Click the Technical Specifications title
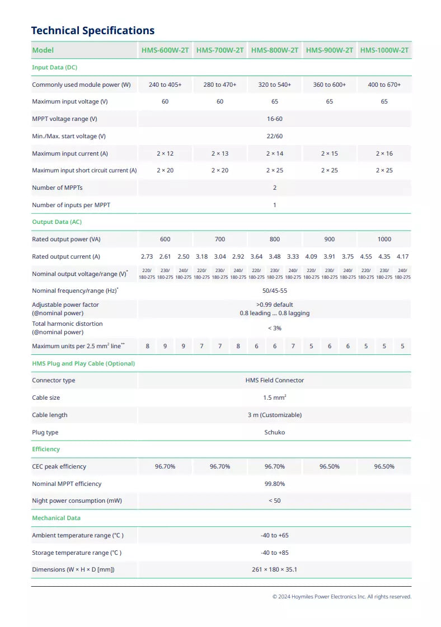[93, 31]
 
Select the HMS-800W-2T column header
[274, 50]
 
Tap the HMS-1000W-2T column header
[384, 50]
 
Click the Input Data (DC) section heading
[54, 67]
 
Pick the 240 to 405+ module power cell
[165, 85]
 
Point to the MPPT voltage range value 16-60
[274, 119]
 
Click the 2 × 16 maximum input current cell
[384, 153]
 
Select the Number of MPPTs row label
[57, 188]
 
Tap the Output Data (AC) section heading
[57, 222]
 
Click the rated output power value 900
[329, 239]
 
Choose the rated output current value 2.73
[147, 256]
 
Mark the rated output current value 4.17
[402, 256]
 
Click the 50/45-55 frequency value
[274, 291]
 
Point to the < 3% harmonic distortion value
[274, 328]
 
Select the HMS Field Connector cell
[274, 380]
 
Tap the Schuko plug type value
[274, 432]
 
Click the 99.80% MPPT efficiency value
[274, 484]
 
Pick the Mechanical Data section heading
[56, 518]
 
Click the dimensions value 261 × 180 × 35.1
[274, 569]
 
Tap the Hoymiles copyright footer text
[341, 597]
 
